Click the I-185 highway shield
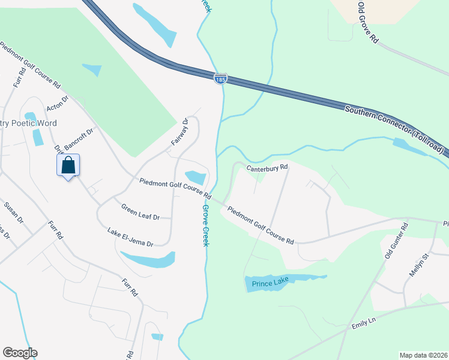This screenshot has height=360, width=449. tap(220, 79)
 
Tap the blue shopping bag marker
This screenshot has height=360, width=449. tap(68, 165)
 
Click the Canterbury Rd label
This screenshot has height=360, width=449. tap(267, 167)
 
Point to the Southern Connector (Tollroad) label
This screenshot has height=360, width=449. tap(396, 128)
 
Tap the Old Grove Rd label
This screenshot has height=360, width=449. tap(368, 22)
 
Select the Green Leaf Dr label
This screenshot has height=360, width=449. tap(140, 212)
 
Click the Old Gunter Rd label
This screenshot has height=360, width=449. tap(396, 241)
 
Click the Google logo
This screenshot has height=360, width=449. tap(20, 353)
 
